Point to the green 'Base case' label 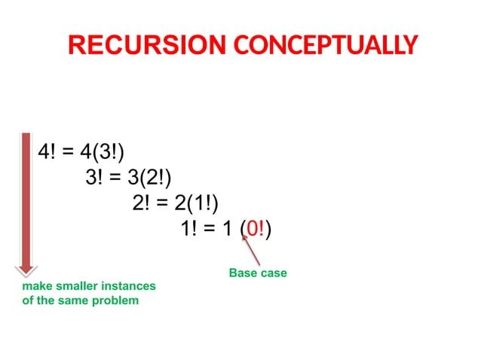tap(258, 273)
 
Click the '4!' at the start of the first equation tap(47, 151)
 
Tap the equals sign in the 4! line tap(67, 151)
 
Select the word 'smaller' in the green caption tap(72, 287)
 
